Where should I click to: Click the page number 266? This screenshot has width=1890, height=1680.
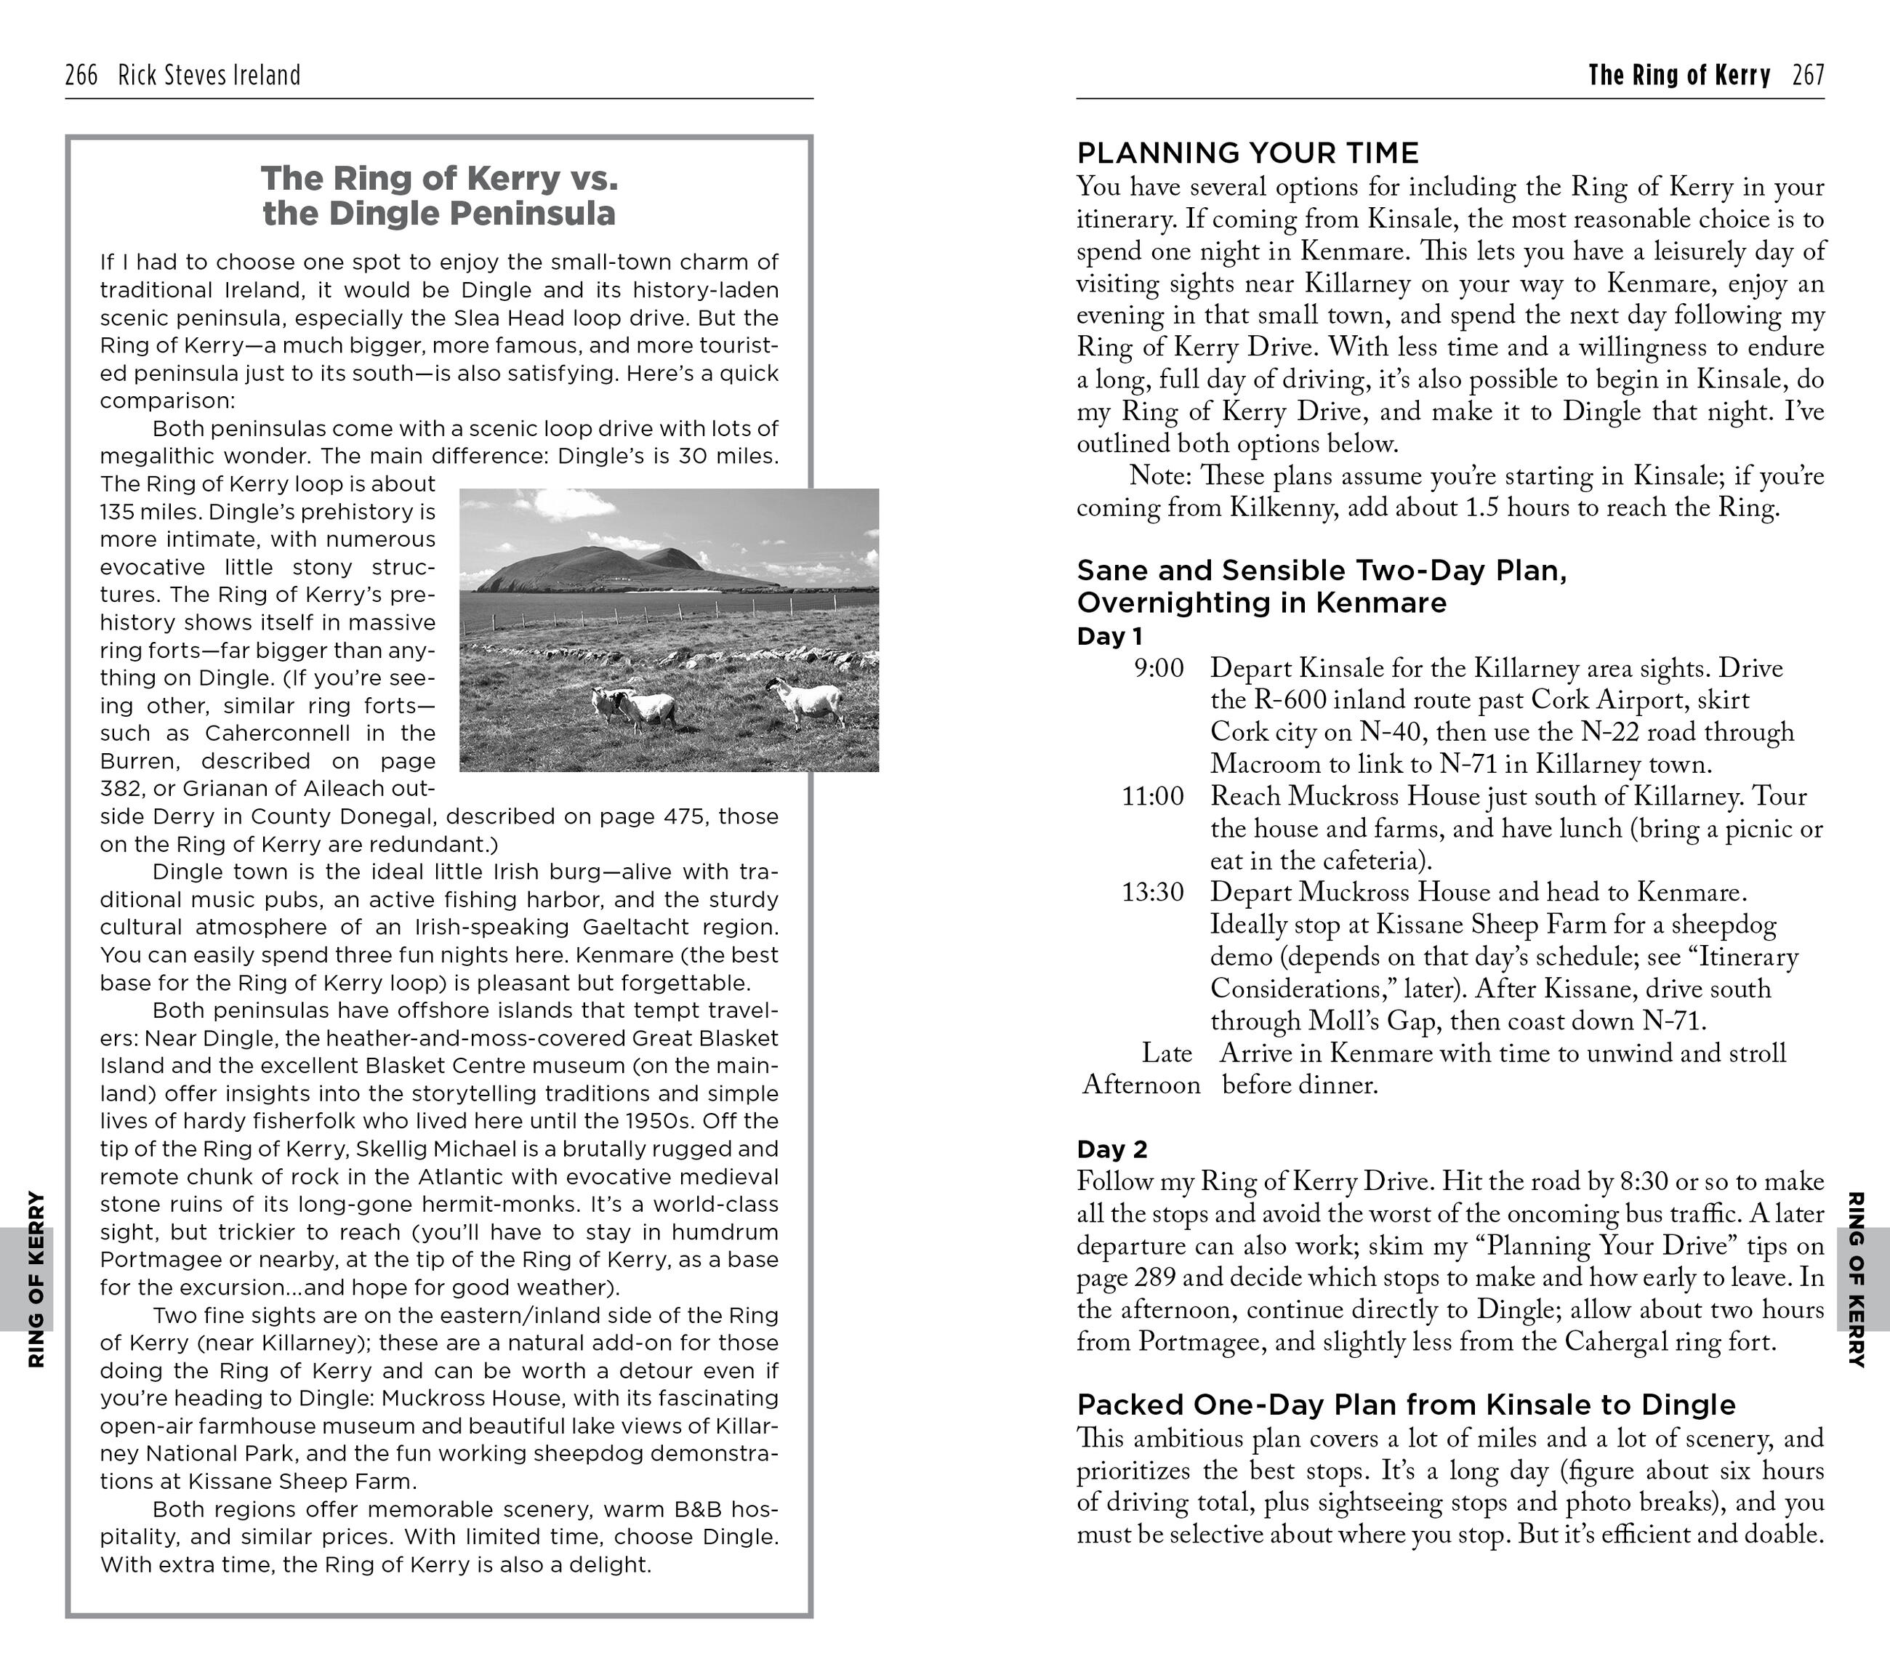click(81, 75)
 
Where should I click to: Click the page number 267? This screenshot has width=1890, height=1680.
click(1808, 75)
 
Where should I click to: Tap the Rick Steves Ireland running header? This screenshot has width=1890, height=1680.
click(209, 75)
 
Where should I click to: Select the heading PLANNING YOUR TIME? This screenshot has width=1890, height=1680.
click(1247, 153)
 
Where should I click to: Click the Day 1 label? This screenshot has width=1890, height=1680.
click(1109, 636)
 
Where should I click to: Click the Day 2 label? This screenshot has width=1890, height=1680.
click(1111, 1149)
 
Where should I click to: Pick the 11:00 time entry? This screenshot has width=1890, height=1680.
click(1152, 796)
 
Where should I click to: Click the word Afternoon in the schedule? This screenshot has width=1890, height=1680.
click(1141, 1085)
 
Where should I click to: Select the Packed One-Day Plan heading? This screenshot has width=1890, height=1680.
click(1405, 1404)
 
